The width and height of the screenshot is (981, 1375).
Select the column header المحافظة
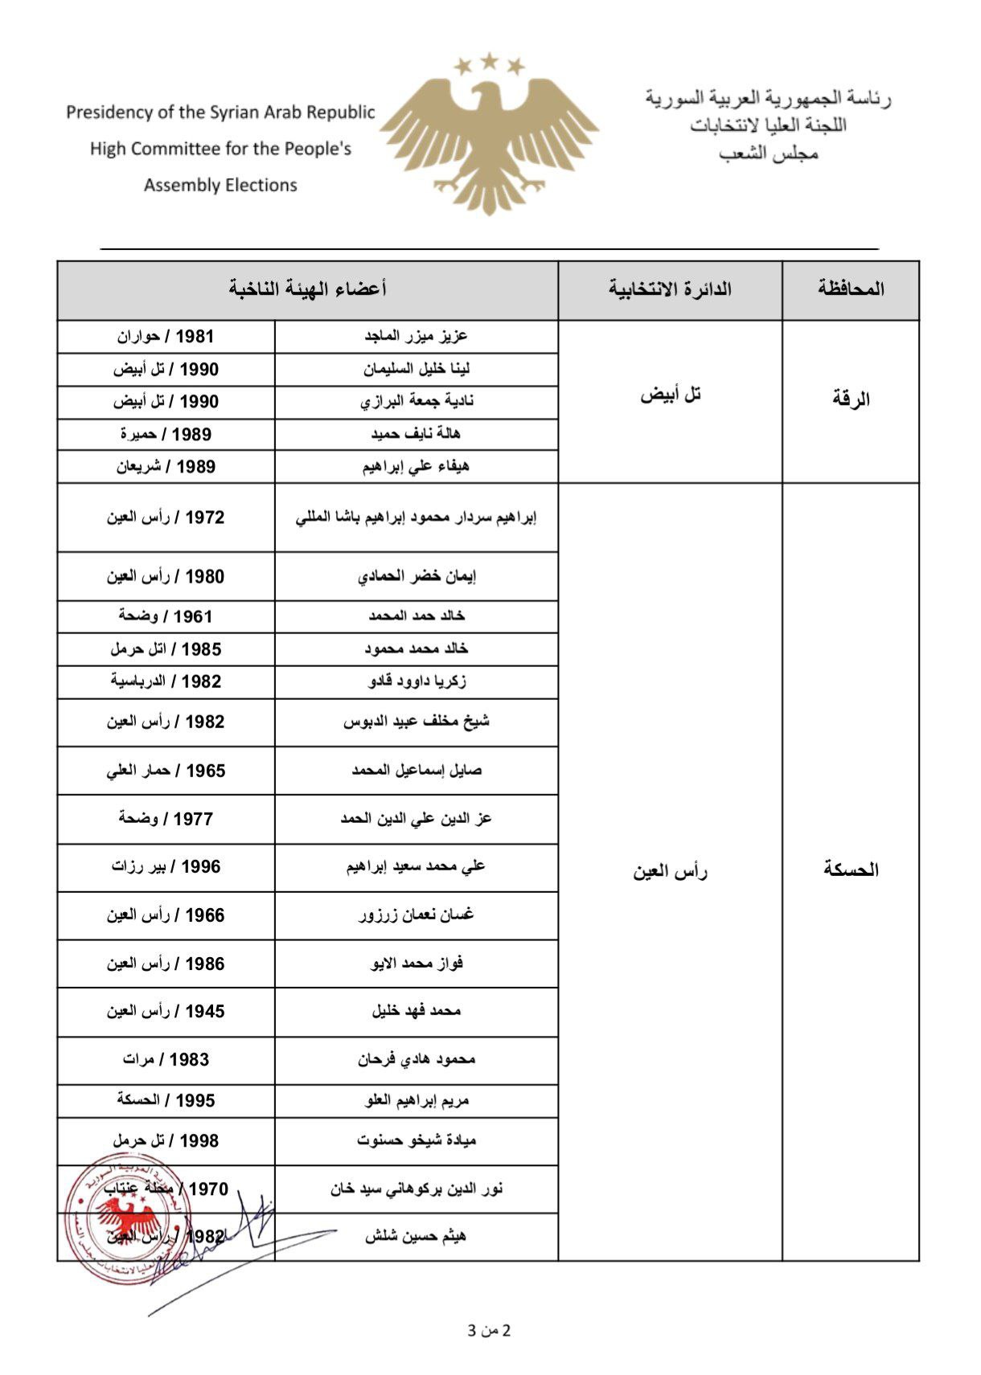[x=851, y=289]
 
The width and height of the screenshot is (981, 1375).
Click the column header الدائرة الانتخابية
[x=670, y=289]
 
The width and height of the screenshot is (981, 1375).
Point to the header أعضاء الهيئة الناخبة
[x=307, y=289]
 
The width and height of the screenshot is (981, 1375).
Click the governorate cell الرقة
[x=851, y=399]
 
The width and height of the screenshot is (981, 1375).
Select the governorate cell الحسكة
[x=851, y=870]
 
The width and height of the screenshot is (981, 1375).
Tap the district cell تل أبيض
[x=670, y=395]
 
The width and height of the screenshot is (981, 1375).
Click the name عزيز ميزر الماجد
[x=416, y=336]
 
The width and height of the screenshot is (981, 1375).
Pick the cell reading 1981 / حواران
[x=166, y=336]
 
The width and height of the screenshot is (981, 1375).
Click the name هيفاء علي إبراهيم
[x=416, y=466]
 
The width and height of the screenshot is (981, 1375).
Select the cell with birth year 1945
[x=166, y=1011]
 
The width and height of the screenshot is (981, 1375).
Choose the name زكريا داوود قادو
[x=417, y=681]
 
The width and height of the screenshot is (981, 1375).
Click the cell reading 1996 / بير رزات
[x=166, y=866]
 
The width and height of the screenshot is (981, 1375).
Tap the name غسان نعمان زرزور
[x=416, y=915]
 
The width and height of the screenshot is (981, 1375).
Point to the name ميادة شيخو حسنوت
[x=416, y=1140]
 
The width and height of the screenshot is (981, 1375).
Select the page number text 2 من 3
[x=489, y=1330]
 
